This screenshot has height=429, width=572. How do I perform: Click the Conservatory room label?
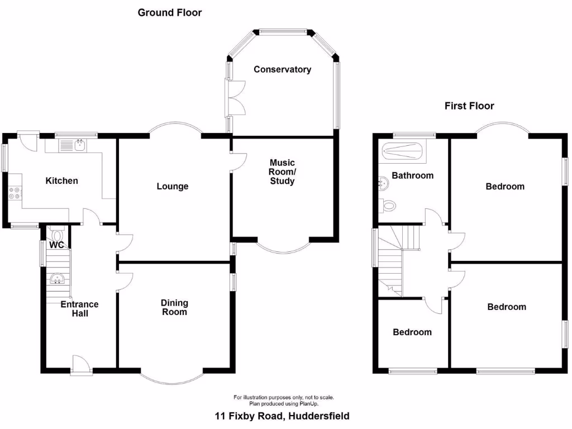pyautogui.click(x=282, y=70)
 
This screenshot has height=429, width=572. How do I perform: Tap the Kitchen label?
pyautogui.click(x=61, y=181)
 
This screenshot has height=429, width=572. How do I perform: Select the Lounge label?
pyautogui.click(x=172, y=187)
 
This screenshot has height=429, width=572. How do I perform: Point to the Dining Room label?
pyautogui.click(x=174, y=307)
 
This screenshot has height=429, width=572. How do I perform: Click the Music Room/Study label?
pyautogui.click(x=282, y=172)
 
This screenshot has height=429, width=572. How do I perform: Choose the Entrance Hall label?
pyautogui.click(x=79, y=309)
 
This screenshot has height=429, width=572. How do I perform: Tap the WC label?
pyautogui.click(x=56, y=245)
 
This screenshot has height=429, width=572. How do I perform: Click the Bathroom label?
pyautogui.click(x=412, y=175)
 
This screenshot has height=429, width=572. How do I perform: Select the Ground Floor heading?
pyautogui.click(x=170, y=12)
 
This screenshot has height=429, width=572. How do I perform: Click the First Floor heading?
pyautogui.click(x=469, y=106)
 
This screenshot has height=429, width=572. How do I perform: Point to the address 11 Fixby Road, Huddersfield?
pyautogui.click(x=283, y=416)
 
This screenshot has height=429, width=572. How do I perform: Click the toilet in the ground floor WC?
pyautogui.click(x=55, y=233)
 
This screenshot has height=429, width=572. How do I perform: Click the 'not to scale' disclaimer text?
pyautogui.click(x=284, y=398)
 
